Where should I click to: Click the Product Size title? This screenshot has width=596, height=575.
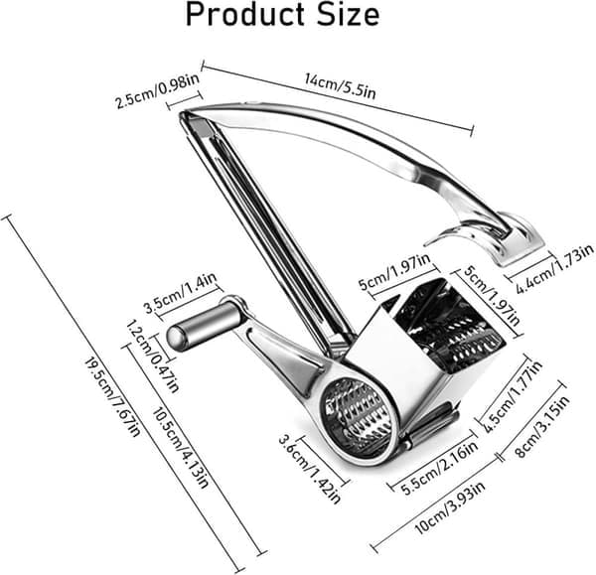(282, 15)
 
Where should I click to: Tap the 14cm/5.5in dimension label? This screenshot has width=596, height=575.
(340, 85)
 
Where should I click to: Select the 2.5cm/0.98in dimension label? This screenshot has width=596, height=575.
(157, 91)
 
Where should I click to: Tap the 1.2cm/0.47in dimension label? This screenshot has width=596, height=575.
(152, 356)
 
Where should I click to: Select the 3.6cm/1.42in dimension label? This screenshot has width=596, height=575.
(309, 470)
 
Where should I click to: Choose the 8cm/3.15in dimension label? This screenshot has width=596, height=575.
(542, 426)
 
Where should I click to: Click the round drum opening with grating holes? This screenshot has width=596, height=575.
(358, 411)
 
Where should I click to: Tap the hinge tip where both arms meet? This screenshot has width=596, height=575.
(183, 113)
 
